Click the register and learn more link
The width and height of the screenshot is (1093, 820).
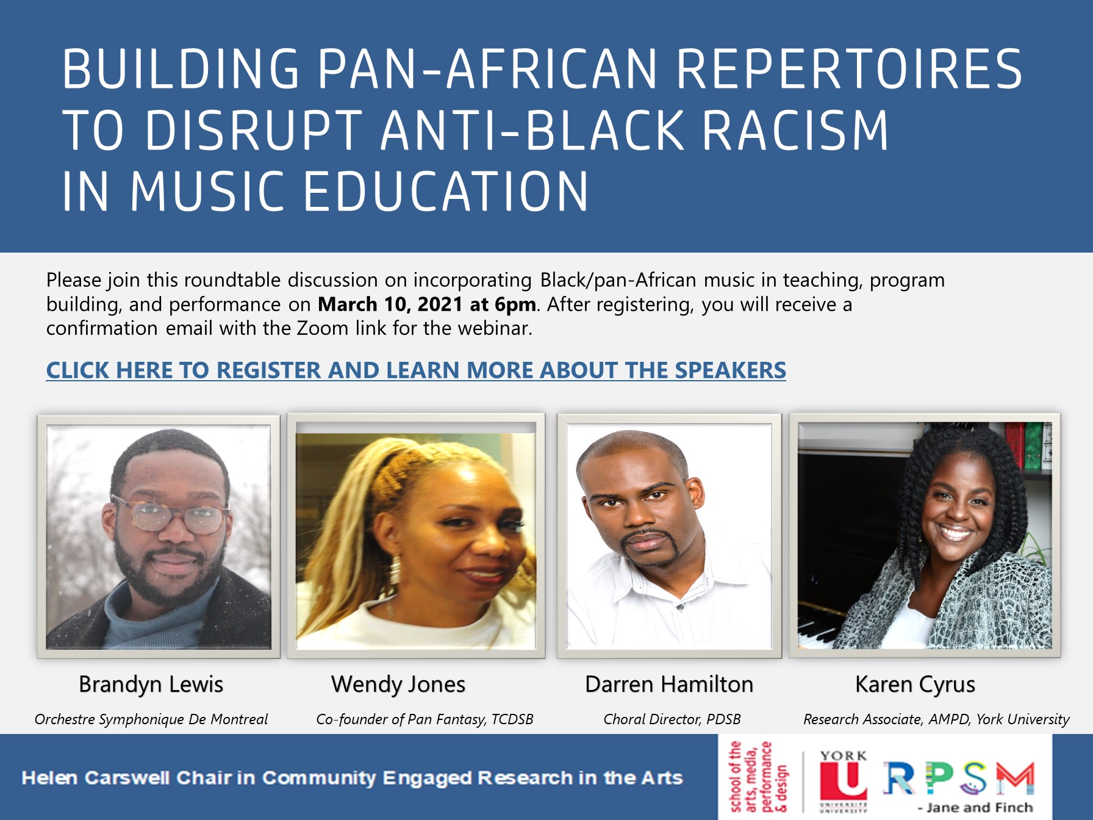point(416,370)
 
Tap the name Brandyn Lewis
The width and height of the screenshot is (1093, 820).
point(151,685)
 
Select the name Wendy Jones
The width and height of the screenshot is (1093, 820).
point(398,685)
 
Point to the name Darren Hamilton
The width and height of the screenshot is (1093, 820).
point(669,684)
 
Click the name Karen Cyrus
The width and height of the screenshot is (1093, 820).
point(915,685)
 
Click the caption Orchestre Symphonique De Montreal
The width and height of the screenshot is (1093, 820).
point(151,719)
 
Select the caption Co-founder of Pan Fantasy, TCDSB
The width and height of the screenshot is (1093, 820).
point(425,719)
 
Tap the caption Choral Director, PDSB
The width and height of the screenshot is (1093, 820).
point(672,719)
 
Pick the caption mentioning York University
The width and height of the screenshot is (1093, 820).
point(936,719)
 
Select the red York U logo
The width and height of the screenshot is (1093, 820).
point(844,782)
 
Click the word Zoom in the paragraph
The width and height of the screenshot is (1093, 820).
point(322,328)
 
